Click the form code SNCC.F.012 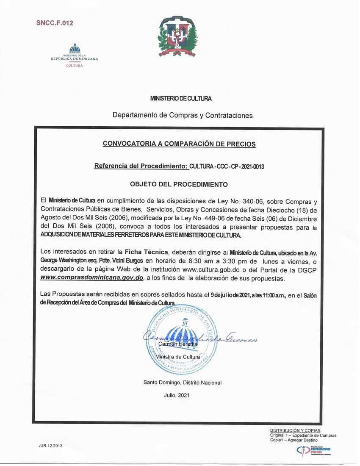click(54, 23)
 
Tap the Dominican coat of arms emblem click(178, 38)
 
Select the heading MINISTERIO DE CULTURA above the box click(181, 98)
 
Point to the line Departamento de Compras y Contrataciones click(183, 115)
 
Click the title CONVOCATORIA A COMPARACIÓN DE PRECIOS click(179, 144)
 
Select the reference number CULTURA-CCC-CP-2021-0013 click(227, 166)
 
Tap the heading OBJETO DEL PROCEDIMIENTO click(179, 185)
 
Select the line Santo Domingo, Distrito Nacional click(183, 383)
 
